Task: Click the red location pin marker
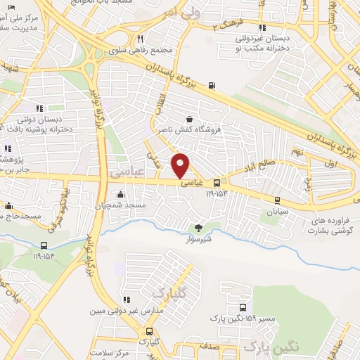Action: coord(181,165)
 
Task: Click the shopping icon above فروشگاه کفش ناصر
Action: coord(188,120)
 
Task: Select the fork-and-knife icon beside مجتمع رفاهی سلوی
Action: coord(141,39)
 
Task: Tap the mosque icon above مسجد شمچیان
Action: coord(121,194)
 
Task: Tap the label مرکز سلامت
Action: coord(115,353)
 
